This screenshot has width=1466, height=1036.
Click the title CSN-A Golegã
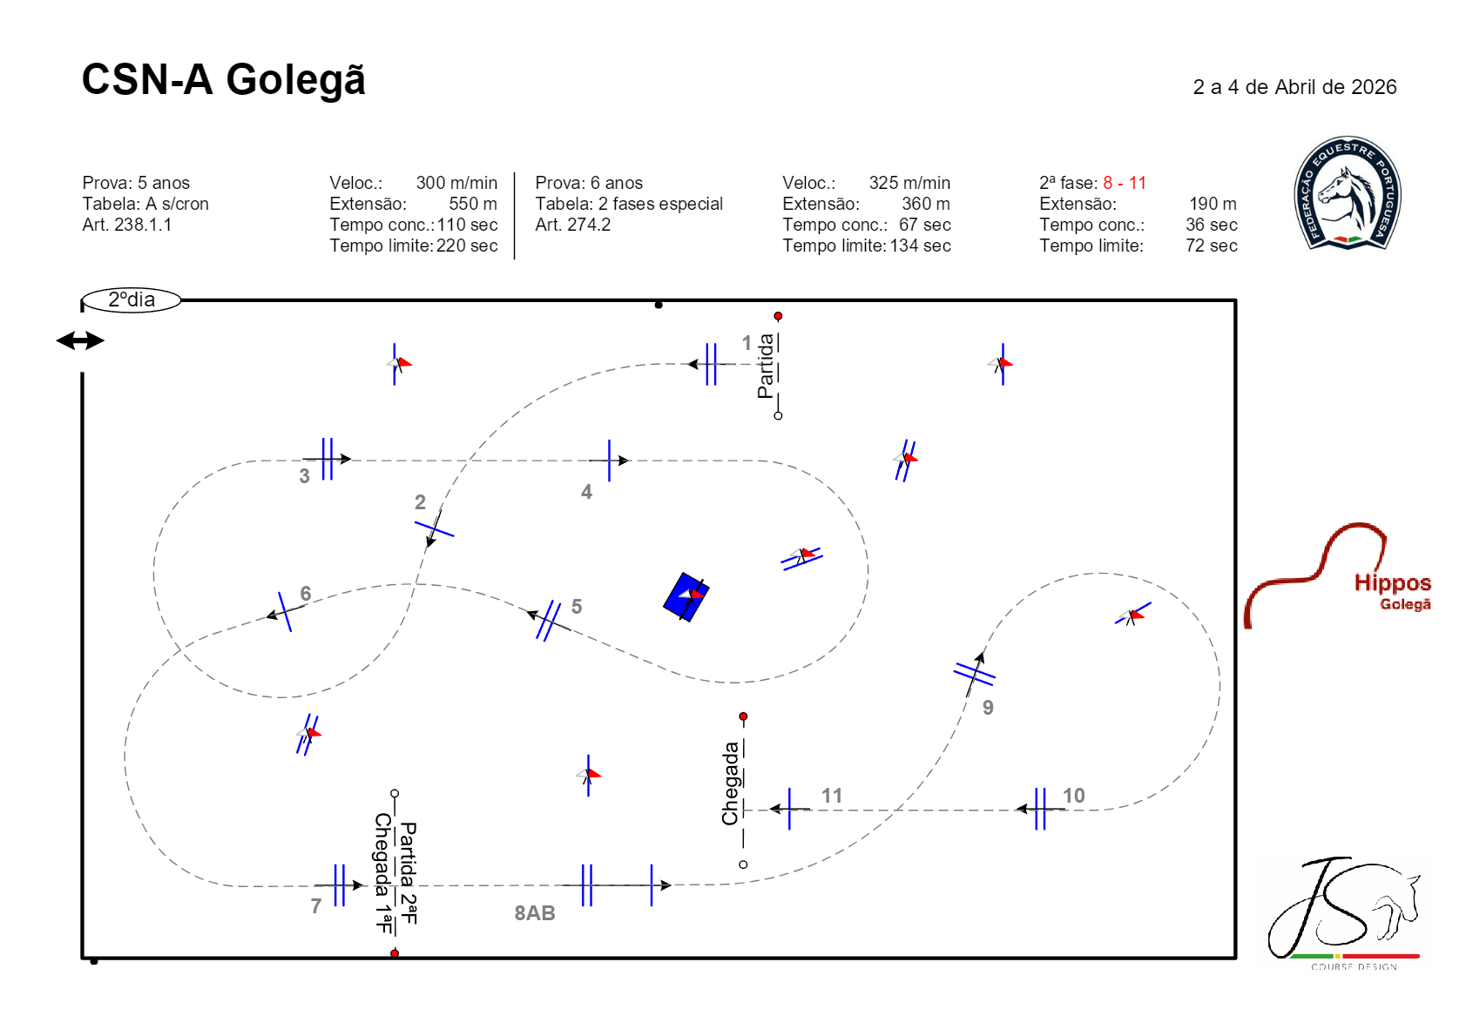(223, 80)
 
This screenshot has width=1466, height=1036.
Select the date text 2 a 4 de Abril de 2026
(1294, 87)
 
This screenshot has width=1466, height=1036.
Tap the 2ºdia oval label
(131, 300)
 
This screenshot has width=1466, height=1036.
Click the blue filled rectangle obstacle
(686, 596)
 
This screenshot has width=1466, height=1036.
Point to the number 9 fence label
(989, 708)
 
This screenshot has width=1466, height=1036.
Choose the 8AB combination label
(535, 913)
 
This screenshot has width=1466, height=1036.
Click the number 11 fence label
(832, 796)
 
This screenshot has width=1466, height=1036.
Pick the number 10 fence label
(1074, 796)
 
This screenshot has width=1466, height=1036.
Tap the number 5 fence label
(577, 606)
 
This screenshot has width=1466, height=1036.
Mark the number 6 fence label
(306, 593)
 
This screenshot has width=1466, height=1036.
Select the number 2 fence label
(420, 502)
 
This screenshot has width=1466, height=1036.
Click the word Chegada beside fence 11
(730, 784)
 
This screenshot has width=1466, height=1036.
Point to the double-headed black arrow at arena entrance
(80, 340)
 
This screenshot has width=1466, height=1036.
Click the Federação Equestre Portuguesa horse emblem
(1348, 193)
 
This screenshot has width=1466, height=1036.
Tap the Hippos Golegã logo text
(1393, 591)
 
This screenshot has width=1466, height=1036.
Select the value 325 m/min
(909, 183)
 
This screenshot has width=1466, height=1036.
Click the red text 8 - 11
(1125, 183)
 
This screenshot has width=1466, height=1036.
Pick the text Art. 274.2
(572, 225)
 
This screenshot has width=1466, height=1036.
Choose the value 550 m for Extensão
(472, 204)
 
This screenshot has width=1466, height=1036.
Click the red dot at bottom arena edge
(395, 953)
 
